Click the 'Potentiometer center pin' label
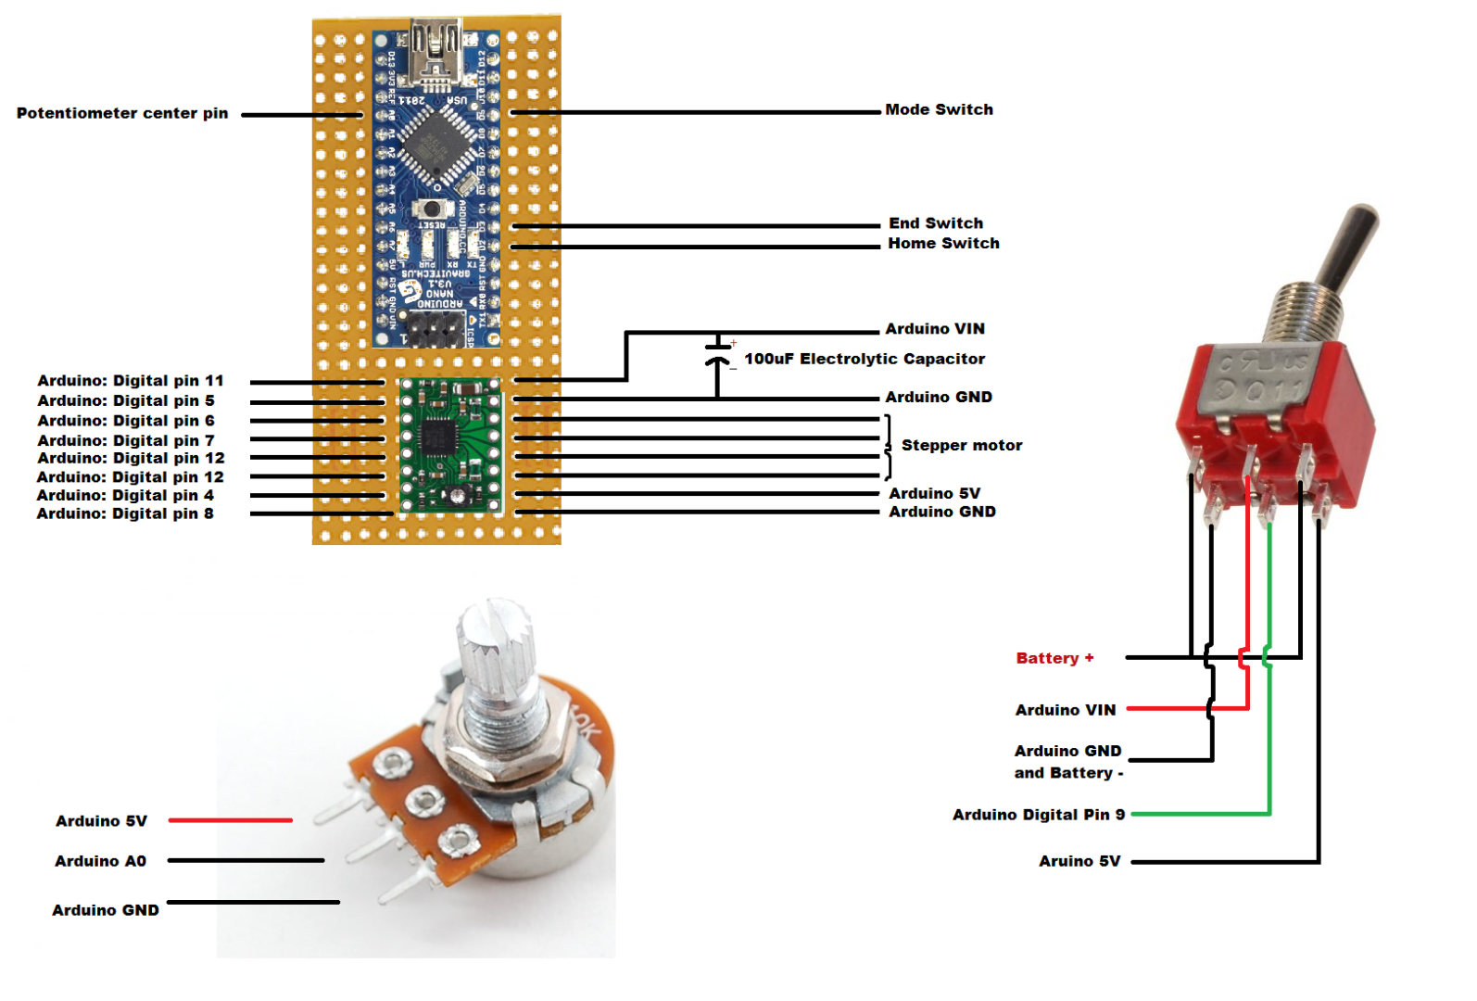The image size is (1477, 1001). click(122, 113)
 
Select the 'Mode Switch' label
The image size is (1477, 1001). click(938, 109)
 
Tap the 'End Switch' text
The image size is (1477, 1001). click(935, 223)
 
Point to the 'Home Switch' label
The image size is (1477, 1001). click(942, 243)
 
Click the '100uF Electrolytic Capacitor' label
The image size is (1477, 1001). click(864, 359)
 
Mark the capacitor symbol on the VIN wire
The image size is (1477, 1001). click(717, 355)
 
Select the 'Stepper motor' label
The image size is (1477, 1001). click(961, 445)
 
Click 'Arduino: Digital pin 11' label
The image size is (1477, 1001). click(130, 381)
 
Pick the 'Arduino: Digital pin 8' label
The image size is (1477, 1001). click(124, 513)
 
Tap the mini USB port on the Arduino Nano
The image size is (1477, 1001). click(436, 48)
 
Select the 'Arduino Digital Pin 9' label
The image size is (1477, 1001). click(1038, 815)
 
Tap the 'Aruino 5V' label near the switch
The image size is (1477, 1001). click(1079, 861)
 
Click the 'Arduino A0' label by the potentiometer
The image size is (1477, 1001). click(100, 861)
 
